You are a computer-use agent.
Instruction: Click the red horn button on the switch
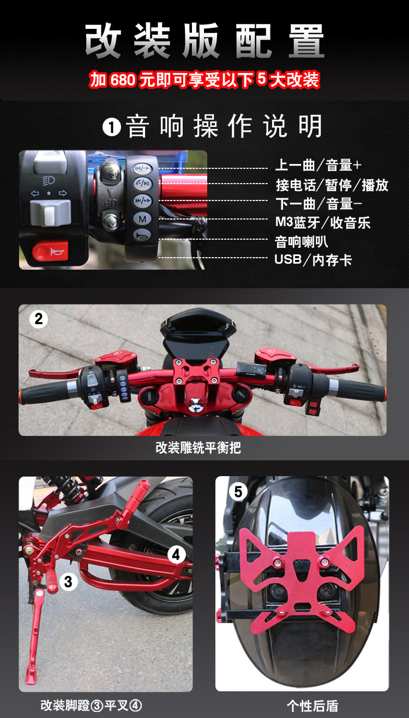50,251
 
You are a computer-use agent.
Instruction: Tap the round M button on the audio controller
142,219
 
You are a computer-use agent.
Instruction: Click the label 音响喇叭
301,242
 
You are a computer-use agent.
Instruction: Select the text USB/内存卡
313,260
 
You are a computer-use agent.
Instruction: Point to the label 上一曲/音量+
318,165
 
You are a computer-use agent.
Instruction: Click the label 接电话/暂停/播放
332,185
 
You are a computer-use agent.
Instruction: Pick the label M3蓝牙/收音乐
323,222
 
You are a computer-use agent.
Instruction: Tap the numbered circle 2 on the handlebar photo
39,319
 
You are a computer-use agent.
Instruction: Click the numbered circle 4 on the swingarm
177,555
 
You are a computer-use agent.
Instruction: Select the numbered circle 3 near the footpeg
68,581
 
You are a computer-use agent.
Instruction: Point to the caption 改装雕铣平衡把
198,448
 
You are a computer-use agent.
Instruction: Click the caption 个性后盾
312,706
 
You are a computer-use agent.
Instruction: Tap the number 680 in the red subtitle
123,80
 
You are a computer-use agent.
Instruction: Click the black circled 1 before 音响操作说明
112,127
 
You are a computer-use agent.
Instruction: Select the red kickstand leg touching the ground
34,638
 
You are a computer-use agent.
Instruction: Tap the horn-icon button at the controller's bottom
142,235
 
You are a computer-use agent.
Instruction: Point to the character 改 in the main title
103,41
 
